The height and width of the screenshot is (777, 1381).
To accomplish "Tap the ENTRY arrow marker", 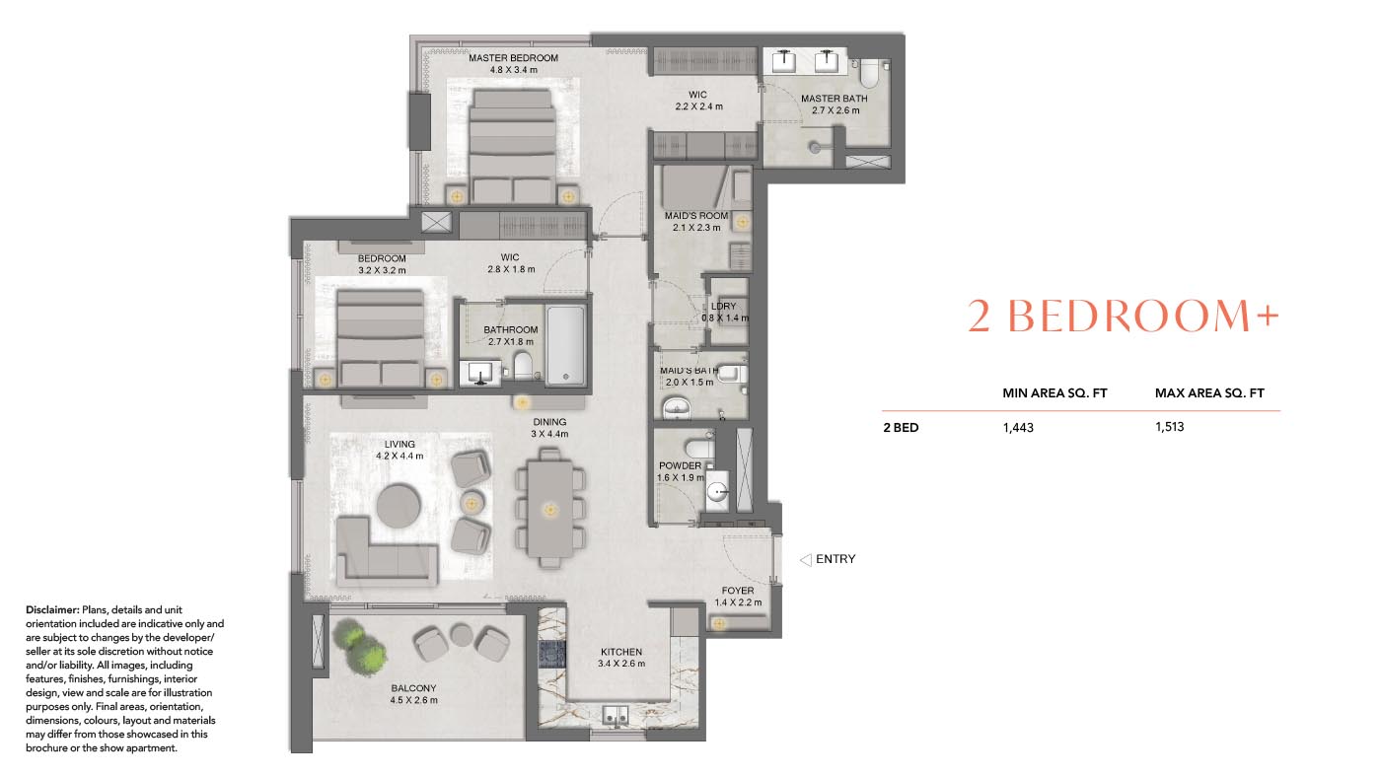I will (x=805, y=559).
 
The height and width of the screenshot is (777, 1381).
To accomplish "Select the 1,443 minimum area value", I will (x=1018, y=428).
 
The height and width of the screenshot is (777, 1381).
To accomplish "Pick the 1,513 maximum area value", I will (x=1169, y=428).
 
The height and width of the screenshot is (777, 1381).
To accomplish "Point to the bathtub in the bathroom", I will (x=565, y=345).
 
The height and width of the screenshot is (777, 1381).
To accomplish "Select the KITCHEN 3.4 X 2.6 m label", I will (x=621, y=658).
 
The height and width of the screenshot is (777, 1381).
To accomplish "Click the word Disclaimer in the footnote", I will (x=52, y=610).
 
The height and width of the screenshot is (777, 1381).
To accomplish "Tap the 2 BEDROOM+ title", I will (x=1123, y=317).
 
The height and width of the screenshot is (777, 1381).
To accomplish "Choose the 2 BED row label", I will (x=900, y=428).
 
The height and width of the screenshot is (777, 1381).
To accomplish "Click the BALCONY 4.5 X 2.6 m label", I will (x=413, y=694).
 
